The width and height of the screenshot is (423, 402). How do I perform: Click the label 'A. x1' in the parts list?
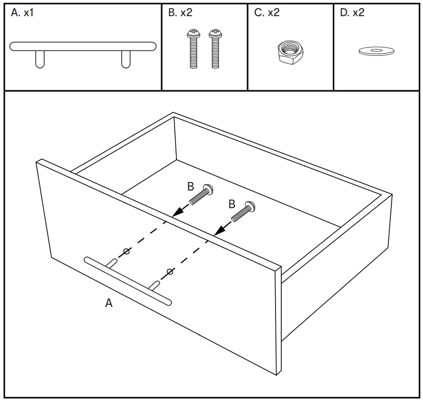(22, 13)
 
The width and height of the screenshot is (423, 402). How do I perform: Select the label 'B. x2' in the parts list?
(180, 13)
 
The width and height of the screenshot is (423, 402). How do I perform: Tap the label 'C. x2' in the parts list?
(267, 13)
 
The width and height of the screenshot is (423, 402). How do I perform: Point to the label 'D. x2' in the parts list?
(352, 13)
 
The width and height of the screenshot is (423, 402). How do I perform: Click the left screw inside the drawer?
(201, 194)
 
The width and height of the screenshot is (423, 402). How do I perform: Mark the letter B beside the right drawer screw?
(232, 204)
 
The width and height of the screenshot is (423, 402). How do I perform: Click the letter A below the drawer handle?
(109, 303)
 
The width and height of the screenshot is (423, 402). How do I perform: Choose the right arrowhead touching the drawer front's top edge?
(218, 231)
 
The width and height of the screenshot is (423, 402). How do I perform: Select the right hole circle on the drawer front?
(170, 272)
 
